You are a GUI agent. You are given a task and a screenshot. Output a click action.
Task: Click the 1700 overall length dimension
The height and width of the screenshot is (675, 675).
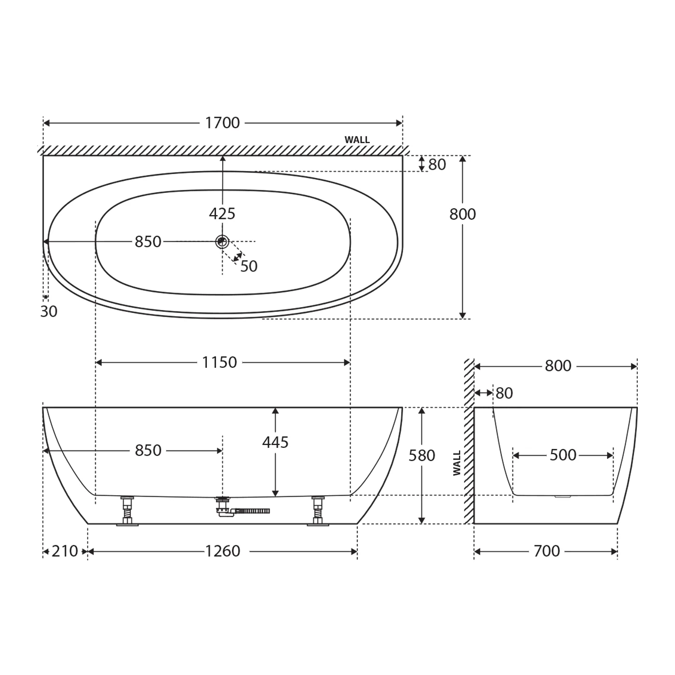coord(222,123)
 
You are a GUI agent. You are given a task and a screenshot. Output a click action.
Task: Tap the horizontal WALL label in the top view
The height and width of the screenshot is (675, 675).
coord(357,140)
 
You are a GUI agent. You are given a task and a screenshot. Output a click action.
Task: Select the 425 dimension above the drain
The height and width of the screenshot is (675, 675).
coord(222,213)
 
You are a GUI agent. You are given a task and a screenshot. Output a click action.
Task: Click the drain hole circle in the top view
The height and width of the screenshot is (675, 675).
coord(222,241)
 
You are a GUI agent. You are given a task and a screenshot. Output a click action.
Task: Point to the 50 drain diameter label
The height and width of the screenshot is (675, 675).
coord(249,266)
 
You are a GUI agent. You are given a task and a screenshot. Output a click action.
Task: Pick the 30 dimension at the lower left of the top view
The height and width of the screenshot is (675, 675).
coord(48,311)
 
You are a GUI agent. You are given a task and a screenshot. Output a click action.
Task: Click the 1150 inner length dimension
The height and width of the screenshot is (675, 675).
coord(219,362)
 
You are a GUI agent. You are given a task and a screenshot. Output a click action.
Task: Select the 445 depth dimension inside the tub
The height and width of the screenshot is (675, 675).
coord(275,442)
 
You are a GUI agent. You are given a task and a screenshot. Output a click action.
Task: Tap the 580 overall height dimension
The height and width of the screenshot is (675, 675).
coord(422,456)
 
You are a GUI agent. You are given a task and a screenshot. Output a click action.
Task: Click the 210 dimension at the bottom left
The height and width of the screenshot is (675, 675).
coord(65,551)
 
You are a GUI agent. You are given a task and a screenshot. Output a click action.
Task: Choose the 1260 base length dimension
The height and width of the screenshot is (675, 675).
coord(222,551)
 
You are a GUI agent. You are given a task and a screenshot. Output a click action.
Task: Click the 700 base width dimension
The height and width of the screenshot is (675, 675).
coord(546,551)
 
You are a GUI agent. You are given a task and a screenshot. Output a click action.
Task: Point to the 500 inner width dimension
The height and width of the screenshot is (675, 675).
coord(563,455)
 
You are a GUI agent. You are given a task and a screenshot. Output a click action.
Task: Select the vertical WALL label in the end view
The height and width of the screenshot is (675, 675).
coord(457,463)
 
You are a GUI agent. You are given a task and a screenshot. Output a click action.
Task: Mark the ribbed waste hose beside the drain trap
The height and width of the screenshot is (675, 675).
coord(253,511)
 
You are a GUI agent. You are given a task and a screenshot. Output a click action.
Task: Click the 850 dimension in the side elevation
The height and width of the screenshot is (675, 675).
coord(148,450)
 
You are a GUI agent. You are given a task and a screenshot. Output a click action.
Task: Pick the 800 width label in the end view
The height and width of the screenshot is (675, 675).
coord(558,366)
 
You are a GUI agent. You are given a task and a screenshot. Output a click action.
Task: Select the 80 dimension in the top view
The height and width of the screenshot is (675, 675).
coord(437,164)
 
